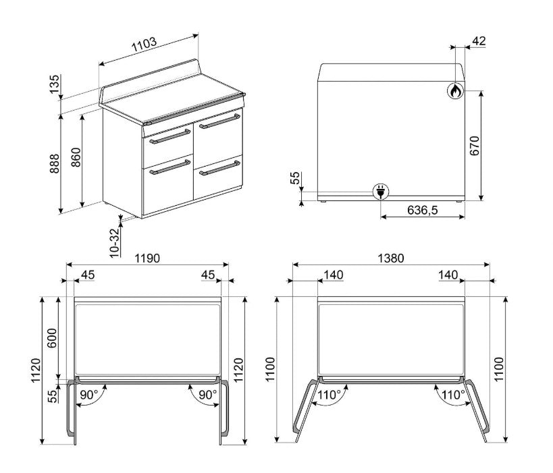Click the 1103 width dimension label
click(x=144, y=45)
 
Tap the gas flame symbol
click(x=455, y=91)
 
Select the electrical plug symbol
click(x=381, y=192)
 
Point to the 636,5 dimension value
click(x=422, y=210)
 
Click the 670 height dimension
click(x=475, y=146)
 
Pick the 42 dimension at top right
click(x=479, y=41)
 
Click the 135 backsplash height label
click(x=54, y=84)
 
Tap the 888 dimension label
click(x=54, y=163)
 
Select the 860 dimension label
click(x=76, y=157)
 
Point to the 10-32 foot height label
click(x=115, y=243)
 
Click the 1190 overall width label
click(x=147, y=258)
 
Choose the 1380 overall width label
click(x=391, y=258)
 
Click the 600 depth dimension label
click(x=52, y=338)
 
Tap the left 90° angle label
click(x=89, y=395)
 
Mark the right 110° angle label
click(x=454, y=395)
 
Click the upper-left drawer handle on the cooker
click(x=169, y=137)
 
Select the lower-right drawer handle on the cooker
click(x=219, y=168)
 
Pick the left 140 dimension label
click(x=334, y=275)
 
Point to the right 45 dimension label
click(x=208, y=275)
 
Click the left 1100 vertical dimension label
click(x=270, y=369)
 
